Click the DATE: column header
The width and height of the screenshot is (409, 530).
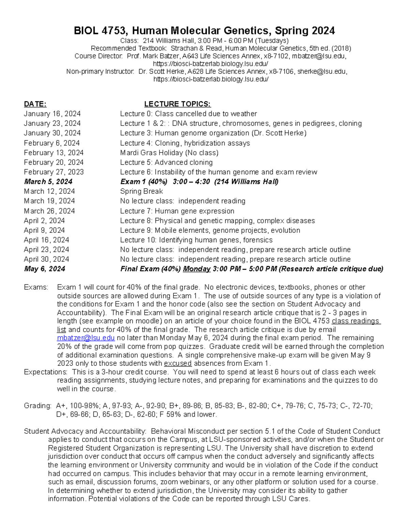pyautogui.click(x=35, y=104)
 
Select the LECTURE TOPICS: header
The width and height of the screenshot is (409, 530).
pyautogui.click(x=177, y=104)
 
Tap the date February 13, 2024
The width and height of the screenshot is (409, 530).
pyautogui.click(x=54, y=153)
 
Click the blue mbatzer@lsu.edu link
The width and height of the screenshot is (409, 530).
pyautogui.click(x=86, y=338)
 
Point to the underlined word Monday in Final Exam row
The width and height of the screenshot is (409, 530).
pyautogui.click(x=196, y=269)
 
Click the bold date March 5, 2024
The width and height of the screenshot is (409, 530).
pyautogui.click(x=48, y=182)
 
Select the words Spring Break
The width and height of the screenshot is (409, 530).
pyautogui.click(x=141, y=191)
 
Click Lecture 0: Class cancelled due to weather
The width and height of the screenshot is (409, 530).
pyautogui.click(x=188, y=114)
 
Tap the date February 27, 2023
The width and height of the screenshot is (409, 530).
pyautogui.click(x=54, y=172)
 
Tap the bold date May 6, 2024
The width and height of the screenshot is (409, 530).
pyautogui.click(x=44, y=269)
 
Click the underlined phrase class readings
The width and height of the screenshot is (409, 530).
pyautogui.click(x=355, y=321)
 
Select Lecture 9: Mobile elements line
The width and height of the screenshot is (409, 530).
pyautogui.click(x=210, y=230)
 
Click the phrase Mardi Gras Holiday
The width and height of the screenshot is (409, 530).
pyautogui.click(x=152, y=153)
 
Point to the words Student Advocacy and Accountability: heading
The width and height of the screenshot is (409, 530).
pyautogui.click(x=85, y=431)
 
